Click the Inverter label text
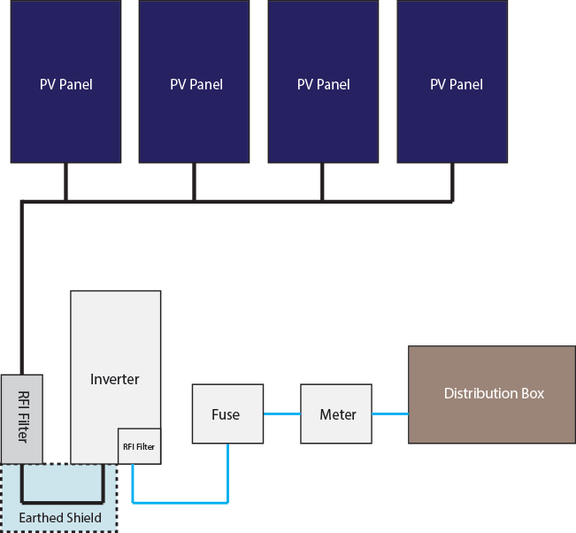click(115, 379)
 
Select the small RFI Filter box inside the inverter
click(139, 446)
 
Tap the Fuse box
click(227, 413)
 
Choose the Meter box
click(336, 413)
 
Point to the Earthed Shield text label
click(60, 518)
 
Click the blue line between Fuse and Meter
click(281, 413)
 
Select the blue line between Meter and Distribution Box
click(389, 413)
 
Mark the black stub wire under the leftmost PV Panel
click(65, 182)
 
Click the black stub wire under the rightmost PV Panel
click(452, 182)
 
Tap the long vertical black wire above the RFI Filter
click(22, 283)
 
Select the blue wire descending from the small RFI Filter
click(133, 483)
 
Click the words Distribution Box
click(493, 394)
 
